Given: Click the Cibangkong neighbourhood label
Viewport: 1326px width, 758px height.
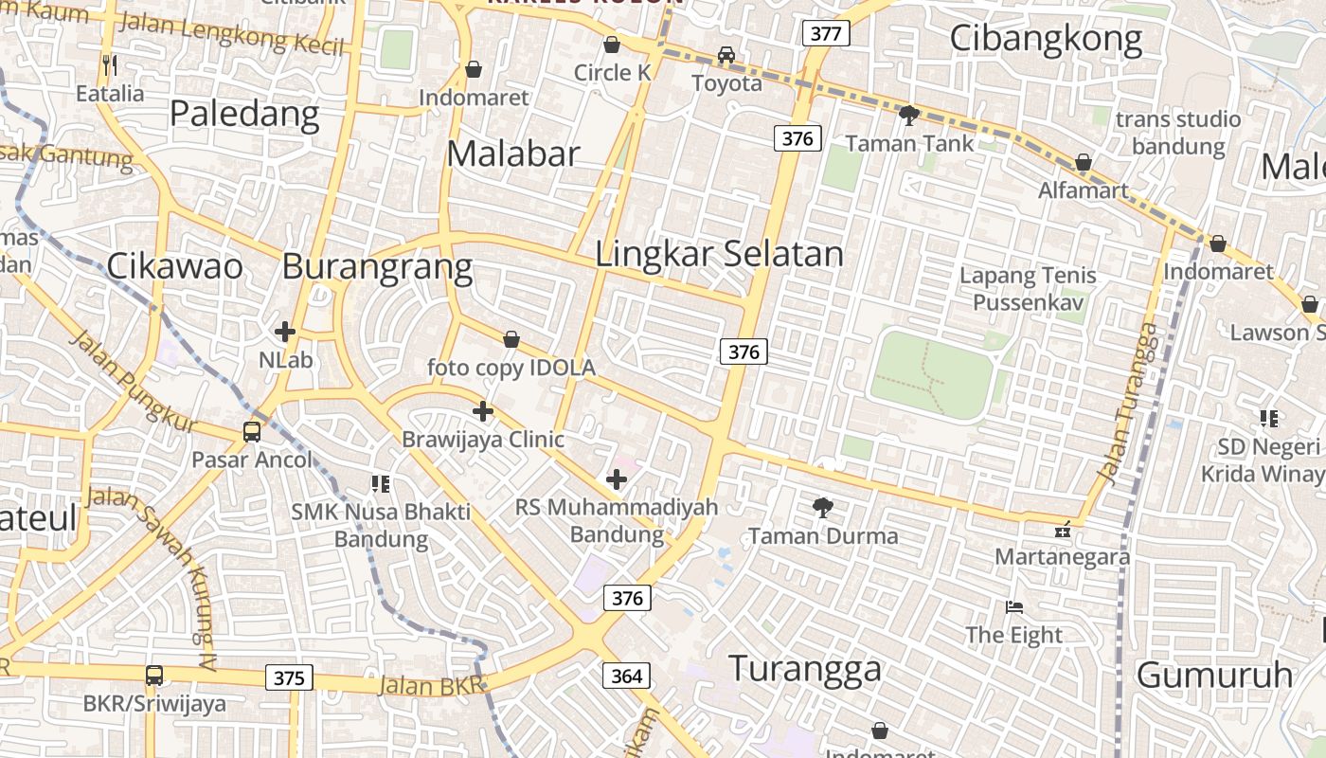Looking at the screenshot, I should coord(1046,39).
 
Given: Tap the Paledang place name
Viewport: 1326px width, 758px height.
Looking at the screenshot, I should coord(244,114).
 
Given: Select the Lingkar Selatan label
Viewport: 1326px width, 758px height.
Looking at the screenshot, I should coord(719,254).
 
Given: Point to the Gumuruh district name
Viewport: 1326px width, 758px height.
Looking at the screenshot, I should coord(1214,675).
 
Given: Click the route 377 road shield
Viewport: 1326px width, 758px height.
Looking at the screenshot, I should coord(826,34).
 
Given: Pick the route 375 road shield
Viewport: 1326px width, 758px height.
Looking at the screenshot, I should coord(289,677).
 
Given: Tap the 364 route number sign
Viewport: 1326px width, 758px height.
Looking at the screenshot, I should coord(626,676).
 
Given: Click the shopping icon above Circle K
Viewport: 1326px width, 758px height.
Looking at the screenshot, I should coord(612,45).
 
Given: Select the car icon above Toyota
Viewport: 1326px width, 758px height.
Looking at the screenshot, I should coord(726,55).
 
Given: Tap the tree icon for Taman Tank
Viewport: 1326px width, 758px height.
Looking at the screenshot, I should coord(908,116).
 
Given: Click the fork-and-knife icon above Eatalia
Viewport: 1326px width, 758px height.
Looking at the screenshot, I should coord(110,65).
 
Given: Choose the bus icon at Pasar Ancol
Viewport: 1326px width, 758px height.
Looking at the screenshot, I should coord(252,432).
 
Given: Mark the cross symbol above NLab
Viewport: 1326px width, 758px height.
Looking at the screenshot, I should coord(285,332).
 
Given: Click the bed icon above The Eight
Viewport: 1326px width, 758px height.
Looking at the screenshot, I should coord(1014,606).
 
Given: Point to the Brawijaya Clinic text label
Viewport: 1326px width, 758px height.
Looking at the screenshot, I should coord(483,440).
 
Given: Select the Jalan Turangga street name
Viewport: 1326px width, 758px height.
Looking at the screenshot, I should coord(1128,402).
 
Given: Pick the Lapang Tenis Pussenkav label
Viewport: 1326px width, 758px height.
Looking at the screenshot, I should coord(1028,289).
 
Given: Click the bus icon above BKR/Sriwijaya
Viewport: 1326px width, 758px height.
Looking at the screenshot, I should coord(154,676).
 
